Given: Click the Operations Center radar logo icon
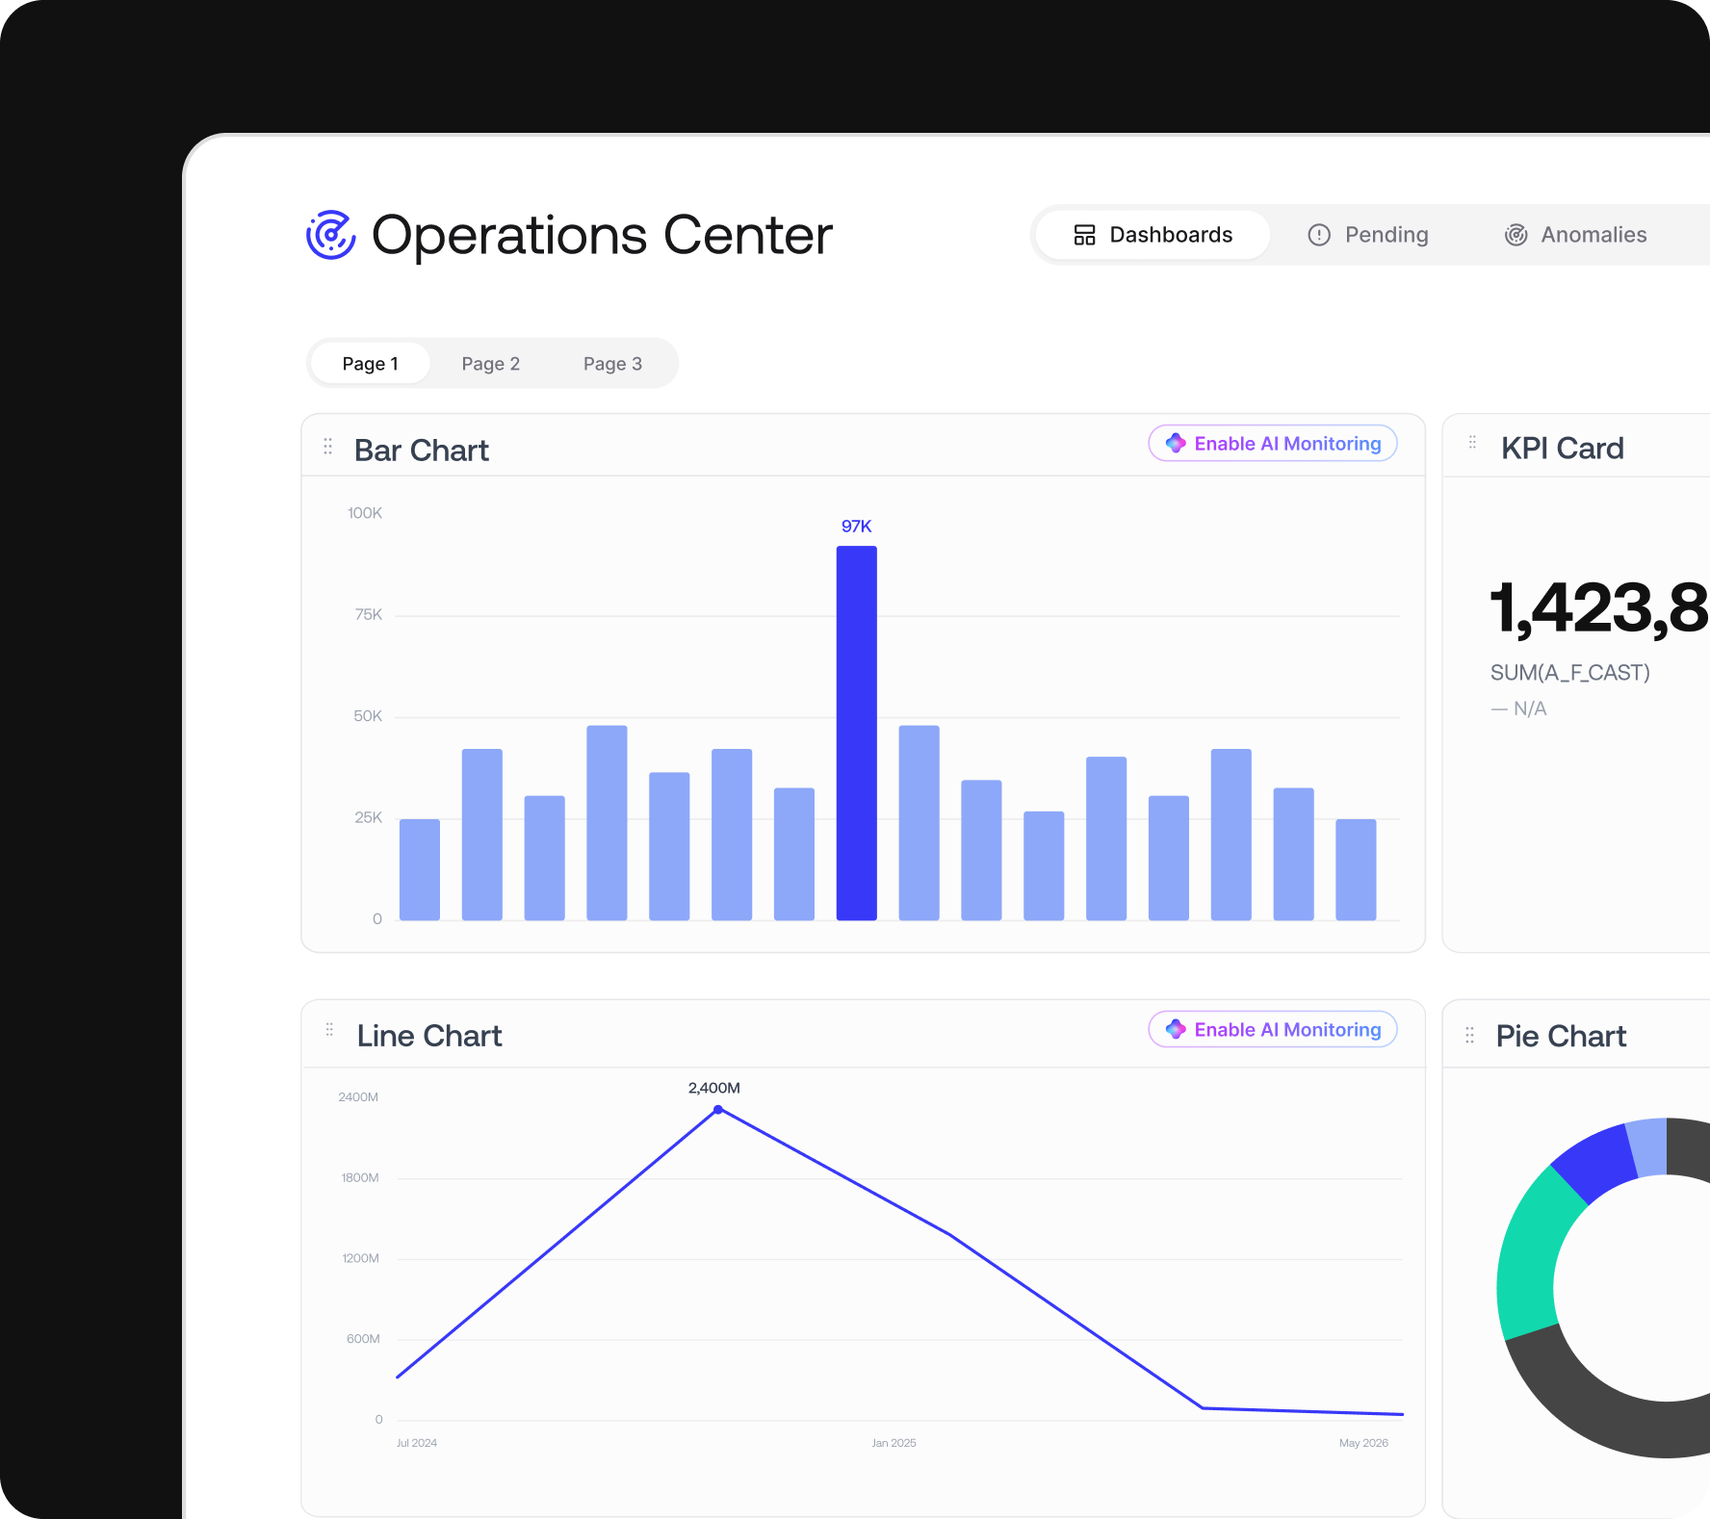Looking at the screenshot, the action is tap(330, 235).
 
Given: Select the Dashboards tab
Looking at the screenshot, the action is tap(1153, 235).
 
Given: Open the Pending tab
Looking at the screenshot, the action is tap(1367, 235).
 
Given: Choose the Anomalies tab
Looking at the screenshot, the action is tap(1575, 235).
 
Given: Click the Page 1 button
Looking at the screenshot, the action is tap(371, 364).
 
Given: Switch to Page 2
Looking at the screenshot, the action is tap(491, 364).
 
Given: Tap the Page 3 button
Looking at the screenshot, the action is tap(612, 364).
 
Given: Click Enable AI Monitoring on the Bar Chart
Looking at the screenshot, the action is tap(1273, 444).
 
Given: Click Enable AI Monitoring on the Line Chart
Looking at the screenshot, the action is tap(1273, 1030).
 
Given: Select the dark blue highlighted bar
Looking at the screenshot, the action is tap(857, 734).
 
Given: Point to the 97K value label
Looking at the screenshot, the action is tap(857, 527).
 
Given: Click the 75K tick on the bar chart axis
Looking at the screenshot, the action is tap(369, 615).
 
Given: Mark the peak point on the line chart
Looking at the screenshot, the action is tap(718, 1110).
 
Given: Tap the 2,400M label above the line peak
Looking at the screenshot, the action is tap(714, 1088).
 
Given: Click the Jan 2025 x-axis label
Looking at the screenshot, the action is tap(894, 1443).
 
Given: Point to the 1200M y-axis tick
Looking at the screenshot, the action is tap(361, 1259).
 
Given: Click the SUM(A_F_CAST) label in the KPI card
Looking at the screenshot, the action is tap(1570, 673).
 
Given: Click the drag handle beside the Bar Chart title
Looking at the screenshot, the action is tap(328, 447).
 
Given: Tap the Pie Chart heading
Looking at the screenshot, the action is tap(1561, 1037).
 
